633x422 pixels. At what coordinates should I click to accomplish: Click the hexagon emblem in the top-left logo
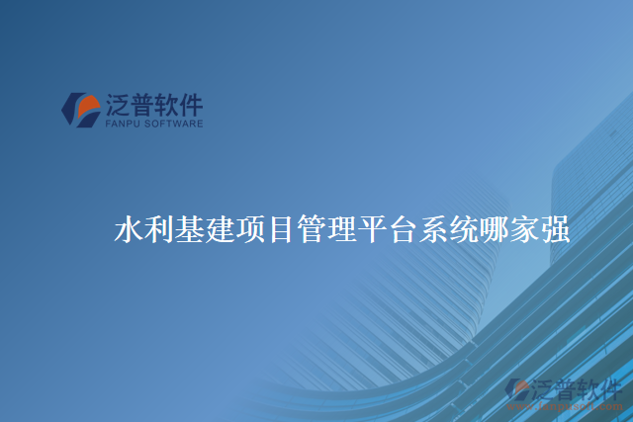[81, 109]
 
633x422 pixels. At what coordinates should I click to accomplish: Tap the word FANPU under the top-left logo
[123, 125]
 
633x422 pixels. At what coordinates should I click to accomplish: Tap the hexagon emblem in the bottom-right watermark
[517, 388]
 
